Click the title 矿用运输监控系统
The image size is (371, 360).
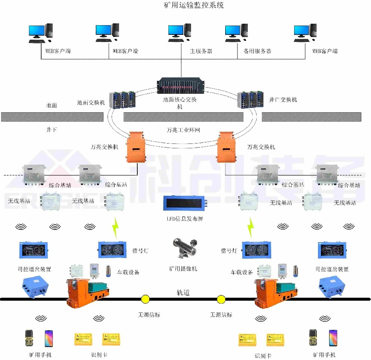[x=194, y=6]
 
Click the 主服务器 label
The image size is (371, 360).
[x=201, y=51]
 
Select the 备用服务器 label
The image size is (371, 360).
[x=257, y=51]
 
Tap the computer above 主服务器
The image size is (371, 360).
[x=180, y=33]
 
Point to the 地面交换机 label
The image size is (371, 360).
[x=91, y=102]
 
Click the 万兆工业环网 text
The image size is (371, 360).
[x=182, y=130]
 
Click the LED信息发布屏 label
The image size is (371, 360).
[x=184, y=219]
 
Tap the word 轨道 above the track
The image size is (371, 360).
[x=183, y=293]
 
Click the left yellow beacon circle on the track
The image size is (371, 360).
[x=145, y=299]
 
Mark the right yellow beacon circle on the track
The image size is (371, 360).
[x=221, y=299]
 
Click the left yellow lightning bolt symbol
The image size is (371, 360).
[x=116, y=227]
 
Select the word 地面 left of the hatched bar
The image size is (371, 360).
[x=52, y=105]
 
